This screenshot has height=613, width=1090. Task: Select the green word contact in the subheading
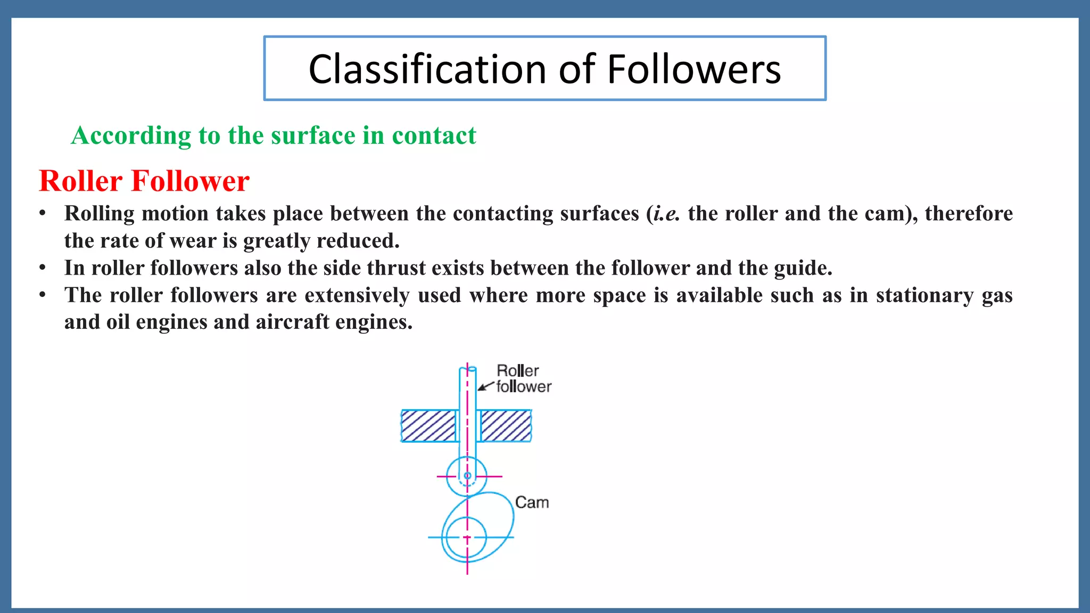click(x=434, y=135)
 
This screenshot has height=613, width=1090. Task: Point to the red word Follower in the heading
click(x=190, y=181)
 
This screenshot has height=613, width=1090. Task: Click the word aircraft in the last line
click(x=292, y=322)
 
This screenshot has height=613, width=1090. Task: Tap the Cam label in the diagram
click(x=532, y=502)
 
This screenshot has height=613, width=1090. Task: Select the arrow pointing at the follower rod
click(x=485, y=387)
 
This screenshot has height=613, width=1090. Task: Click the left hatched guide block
click(x=428, y=426)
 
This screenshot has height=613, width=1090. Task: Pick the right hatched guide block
click(x=506, y=426)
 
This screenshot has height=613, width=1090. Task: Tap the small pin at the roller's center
click(x=467, y=476)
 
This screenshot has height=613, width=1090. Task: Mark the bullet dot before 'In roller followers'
click(x=42, y=268)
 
